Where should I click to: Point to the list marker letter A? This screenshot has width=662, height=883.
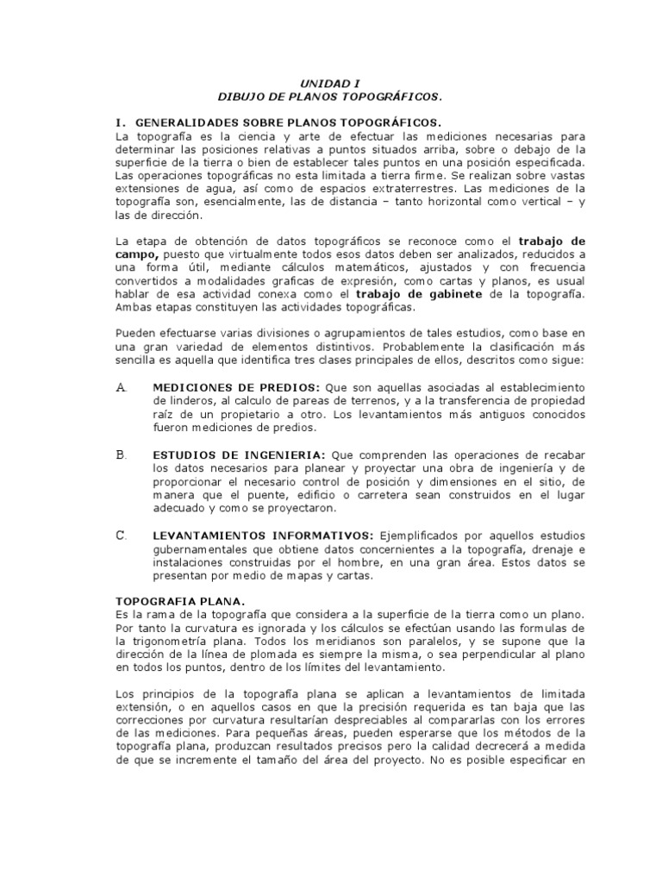(x=121, y=388)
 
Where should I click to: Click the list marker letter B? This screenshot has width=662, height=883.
(x=121, y=454)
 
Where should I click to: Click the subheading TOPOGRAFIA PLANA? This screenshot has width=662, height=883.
(x=180, y=600)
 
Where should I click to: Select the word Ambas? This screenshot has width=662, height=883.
(x=134, y=308)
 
